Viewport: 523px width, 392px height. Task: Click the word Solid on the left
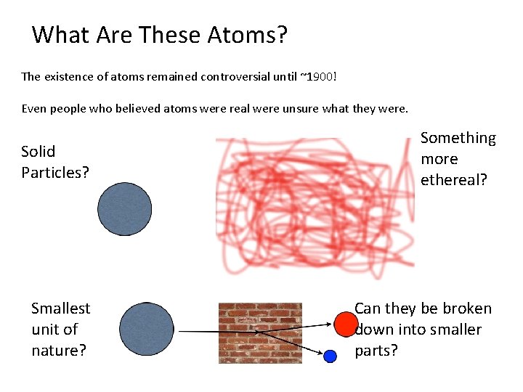[38, 151]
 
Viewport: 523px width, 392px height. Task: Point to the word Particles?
[55, 173]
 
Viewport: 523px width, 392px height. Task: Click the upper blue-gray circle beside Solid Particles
[125, 209]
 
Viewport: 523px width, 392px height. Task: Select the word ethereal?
[454, 180]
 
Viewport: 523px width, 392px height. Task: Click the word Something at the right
[458, 138]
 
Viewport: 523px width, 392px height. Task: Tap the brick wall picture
[260, 332]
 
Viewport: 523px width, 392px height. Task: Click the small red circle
[346, 323]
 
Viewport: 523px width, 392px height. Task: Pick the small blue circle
[331, 356]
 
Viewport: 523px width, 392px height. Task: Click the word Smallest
[61, 309]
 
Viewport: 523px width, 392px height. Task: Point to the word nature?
[59, 351]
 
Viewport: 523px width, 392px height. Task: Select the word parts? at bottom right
[376, 351]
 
